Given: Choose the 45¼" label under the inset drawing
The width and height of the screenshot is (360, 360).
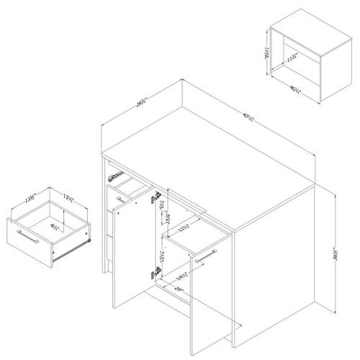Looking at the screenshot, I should tap(294, 90).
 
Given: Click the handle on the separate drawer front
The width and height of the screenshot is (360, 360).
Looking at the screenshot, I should tap(28, 235).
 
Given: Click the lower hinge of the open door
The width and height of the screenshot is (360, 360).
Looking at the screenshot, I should tap(153, 272).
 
